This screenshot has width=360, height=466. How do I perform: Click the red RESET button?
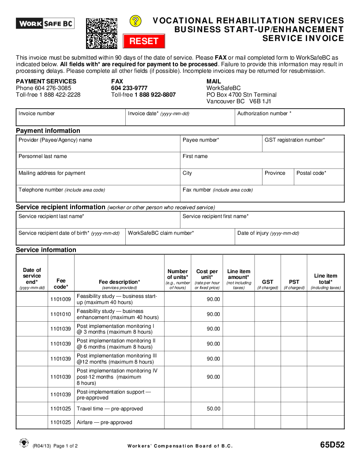pyautogui.click(x=144, y=41)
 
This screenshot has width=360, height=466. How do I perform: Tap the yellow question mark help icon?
pyautogui.click(x=135, y=21)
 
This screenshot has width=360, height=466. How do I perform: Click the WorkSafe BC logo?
pyautogui.click(x=45, y=23)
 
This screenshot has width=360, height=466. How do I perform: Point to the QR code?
pyautogui.click(x=101, y=33)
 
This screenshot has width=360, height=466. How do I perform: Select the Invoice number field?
pyautogui.click(x=71, y=117)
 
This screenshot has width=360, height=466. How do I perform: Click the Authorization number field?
pyautogui.click(x=289, y=117)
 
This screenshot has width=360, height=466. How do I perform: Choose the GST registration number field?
pyautogui.click(x=303, y=144)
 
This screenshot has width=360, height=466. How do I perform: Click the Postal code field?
pyautogui.click(x=319, y=177)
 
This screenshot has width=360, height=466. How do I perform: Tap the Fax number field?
pyautogui.click(x=262, y=194)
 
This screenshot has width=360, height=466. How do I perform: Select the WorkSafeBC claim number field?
pyautogui.click(x=180, y=237)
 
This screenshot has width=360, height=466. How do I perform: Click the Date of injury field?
pyautogui.click(x=289, y=237)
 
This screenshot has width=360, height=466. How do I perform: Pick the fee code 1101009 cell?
pyautogui.click(x=61, y=300)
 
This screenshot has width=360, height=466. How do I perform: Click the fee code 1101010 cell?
pyautogui.click(x=61, y=314)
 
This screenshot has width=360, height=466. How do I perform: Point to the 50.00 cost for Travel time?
pyautogui.click(x=214, y=409)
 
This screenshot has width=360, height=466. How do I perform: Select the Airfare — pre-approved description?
pyautogui.click(x=105, y=422)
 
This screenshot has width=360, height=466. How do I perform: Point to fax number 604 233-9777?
pyautogui.click(x=129, y=88)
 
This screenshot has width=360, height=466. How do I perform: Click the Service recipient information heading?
pyautogui.click(x=60, y=207)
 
